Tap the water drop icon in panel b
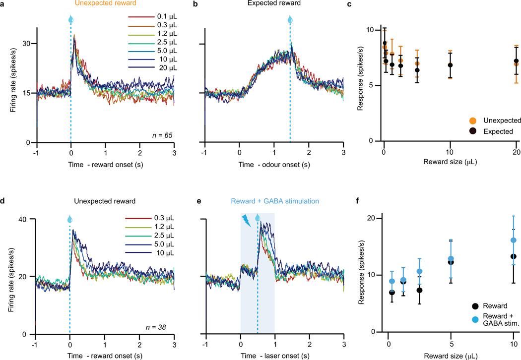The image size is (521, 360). point(290,20)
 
